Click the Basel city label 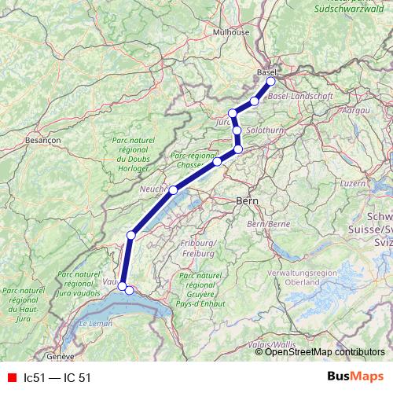[x=263, y=72]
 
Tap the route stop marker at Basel [x=271, y=81]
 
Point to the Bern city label [x=246, y=202]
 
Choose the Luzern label [x=354, y=183]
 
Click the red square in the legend [x=12, y=377]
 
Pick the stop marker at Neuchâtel [x=173, y=190]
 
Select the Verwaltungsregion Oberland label [x=323, y=277]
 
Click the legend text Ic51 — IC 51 [x=57, y=377]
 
